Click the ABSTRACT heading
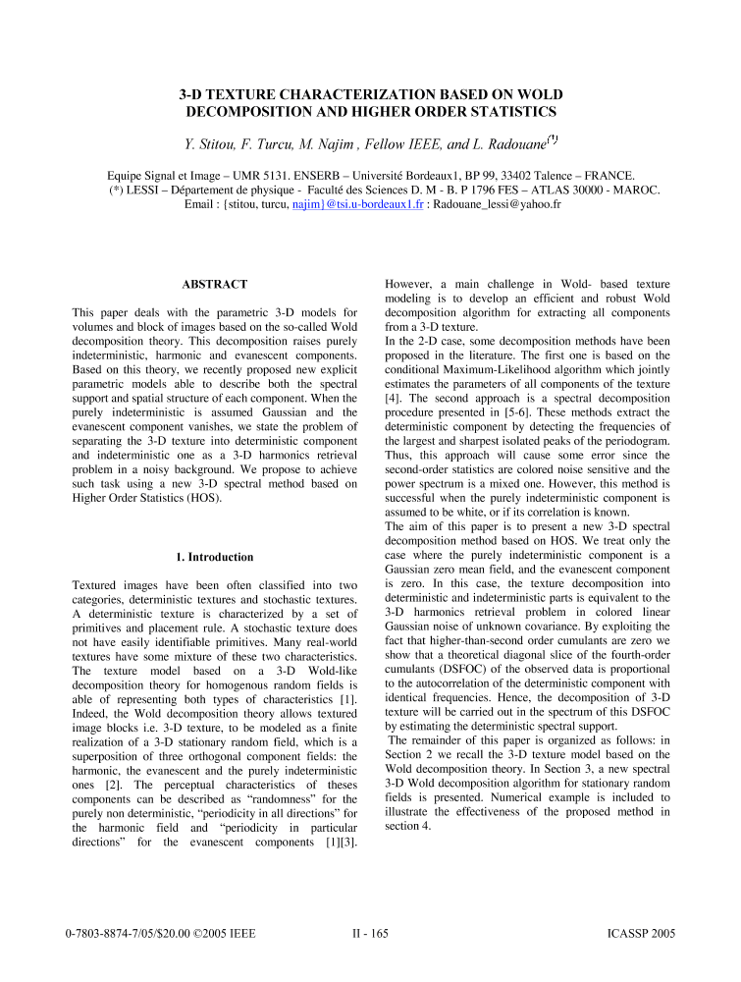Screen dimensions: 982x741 (214, 284)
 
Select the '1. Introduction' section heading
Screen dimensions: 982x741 (214, 557)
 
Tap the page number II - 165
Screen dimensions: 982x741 (370, 933)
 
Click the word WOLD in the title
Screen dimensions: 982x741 (537, 94)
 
